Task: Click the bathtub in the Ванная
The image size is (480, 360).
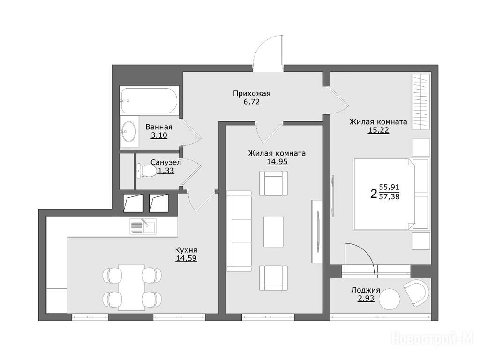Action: click(149, 101)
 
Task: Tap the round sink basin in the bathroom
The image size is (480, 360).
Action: click(128, 131)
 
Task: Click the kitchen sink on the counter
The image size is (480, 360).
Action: click(142, 226)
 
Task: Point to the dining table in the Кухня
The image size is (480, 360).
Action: click(131, 287)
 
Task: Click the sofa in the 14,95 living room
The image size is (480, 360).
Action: click(239, 231)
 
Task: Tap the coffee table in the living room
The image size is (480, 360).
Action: click(273, 232)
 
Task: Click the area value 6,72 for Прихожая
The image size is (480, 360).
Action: click(252, 102)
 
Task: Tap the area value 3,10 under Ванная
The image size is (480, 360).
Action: click(159, 135)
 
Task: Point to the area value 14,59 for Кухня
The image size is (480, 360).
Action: click(186, 258)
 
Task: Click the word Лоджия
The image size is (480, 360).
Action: click(366, 290)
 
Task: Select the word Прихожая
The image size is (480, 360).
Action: click(252, 93)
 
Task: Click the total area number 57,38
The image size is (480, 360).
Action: click(389, 196)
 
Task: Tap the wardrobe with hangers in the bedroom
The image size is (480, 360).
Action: click(421, 102)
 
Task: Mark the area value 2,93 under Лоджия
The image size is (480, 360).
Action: click(366, 298)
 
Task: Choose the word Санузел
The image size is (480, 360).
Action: click(165, 162)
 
